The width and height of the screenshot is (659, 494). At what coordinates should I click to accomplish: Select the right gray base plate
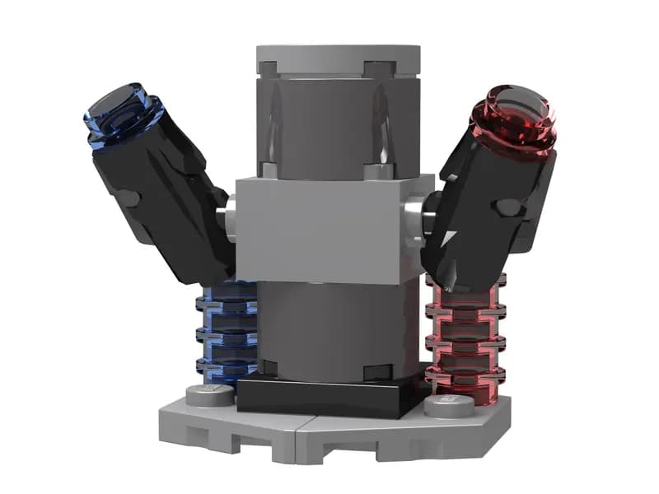coord(428,432)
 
